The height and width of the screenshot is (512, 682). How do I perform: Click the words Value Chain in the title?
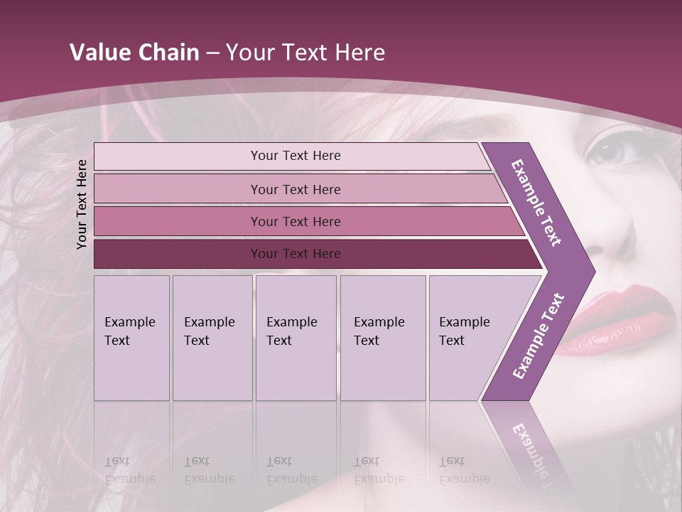pos(134,52)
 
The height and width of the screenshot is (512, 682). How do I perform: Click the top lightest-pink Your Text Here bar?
pos(295,156)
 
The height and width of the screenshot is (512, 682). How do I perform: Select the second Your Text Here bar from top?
pos(295,189)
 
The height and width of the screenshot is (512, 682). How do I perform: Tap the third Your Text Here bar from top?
pos(295,221)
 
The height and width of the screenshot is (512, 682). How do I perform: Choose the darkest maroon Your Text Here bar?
pos(295,254)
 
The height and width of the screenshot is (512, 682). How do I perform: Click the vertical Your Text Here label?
pos(82,204)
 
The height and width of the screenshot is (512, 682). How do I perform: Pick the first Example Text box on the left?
pos(131,337)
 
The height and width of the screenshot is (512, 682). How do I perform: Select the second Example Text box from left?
pos(212,337)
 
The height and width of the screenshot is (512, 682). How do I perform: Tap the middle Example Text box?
pos(296,337)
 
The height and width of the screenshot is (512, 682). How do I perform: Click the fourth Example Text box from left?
pos(382,337)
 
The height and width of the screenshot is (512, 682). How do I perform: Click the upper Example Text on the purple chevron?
pos(536,203)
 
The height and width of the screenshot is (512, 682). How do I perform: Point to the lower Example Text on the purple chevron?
pos(538,336)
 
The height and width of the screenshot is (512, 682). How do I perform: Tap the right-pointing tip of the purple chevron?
pos(591,272)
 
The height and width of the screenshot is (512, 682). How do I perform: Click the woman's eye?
pos(609,150)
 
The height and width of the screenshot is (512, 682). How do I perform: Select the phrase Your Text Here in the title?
pos(305,52)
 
